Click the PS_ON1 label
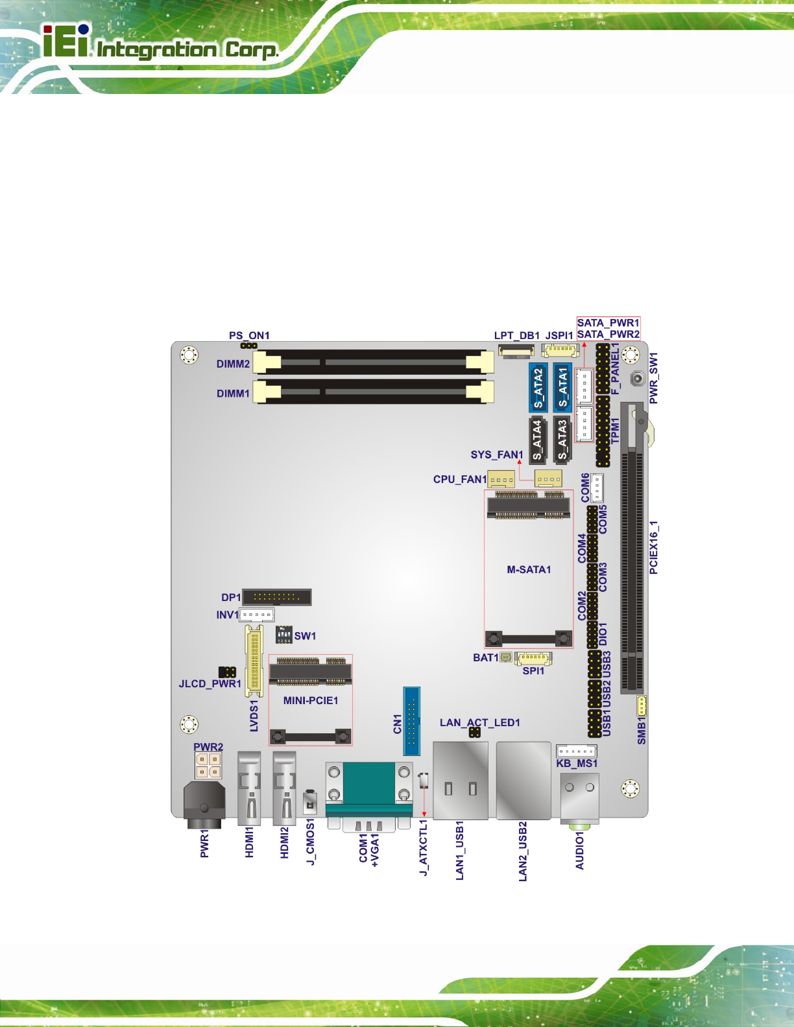coord(249,335)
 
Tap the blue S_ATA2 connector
coord(538,388)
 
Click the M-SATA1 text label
coord(529,569)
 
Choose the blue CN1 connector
coord(411,721)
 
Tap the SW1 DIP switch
coord(283,634)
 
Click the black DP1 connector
coord(277,597)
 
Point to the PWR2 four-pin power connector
coord(208,766)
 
